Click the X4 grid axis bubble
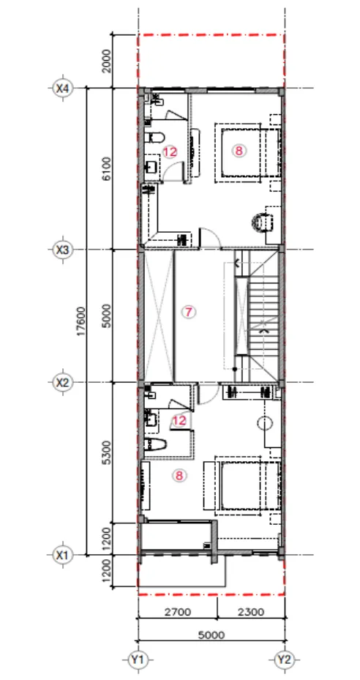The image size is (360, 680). [x=63, y=89]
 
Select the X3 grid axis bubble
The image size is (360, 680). [x=63, y=250]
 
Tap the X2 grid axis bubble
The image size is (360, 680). [x=63, y=383]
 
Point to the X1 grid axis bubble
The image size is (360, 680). [x=63, y=555]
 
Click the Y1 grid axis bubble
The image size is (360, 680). [x=138, y=660]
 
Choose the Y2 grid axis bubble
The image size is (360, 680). [x=284, y=660]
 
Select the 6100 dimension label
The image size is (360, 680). [x=108, y=169]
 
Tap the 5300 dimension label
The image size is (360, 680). [x=108, y=452]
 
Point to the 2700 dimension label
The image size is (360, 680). [x=178, y=612]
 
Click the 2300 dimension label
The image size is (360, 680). [x=251, y=612]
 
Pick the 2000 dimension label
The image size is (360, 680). [x=108, y=61]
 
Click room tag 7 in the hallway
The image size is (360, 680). [x=187, y=311]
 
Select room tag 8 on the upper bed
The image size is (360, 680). [x=239, y=151]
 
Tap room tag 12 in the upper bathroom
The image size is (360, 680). [x=170, y=152]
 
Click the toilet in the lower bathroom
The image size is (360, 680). [x=156, y=444]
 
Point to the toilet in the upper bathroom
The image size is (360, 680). [x=154, y=138]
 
